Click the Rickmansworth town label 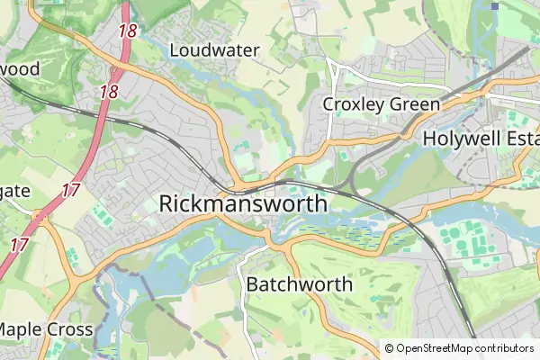tap(243, 203)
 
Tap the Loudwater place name tap(214, 50)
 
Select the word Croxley tap(355, 104)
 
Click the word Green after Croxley tap(414, 104)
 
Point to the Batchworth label tap(300, 284)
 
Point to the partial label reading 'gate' tap(16, 191)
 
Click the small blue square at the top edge tap(495, 6)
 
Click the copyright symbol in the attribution tap(389, 348)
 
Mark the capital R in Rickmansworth tap(166, 203)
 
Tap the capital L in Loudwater tap(174, 50)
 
